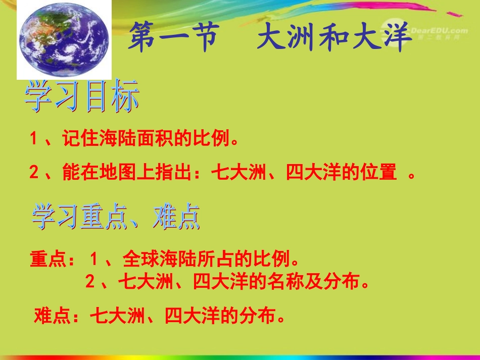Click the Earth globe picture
pyautogui.click(x=64, y=40)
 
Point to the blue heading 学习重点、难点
pyautogui.click(x=116, y=218)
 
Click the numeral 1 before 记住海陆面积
pyautogui.click(x=34, y=139)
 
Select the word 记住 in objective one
pyautogui.click(x=74, y=139)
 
